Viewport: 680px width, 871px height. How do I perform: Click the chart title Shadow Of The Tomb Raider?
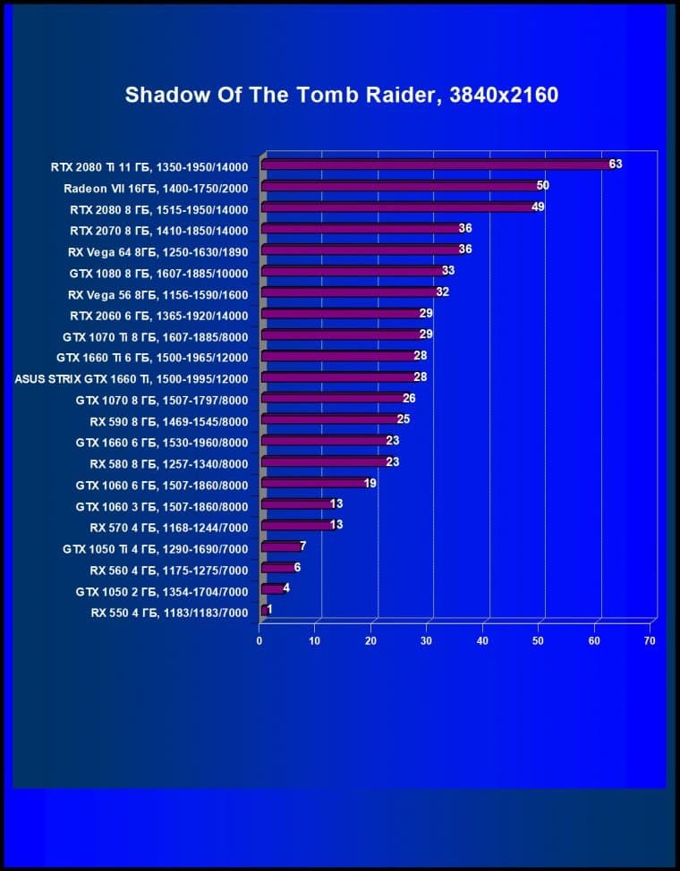(x=341, y=95)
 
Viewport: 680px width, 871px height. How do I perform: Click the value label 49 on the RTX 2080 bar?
(x=538, y=207)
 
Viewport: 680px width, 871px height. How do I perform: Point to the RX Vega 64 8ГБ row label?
(x=157, y=251)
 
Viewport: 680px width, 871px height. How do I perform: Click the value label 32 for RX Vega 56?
(x=442, y=292)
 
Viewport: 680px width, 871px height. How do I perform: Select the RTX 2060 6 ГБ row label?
(x=158, y=316)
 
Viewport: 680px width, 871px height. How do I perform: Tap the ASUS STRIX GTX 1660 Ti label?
(x=132, y=378)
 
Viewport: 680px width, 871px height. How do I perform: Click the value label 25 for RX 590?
(x=404, y=419)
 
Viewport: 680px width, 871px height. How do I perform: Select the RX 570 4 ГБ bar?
(x=294, y=526)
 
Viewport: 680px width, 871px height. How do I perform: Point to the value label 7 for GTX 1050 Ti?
(x=303, y=545)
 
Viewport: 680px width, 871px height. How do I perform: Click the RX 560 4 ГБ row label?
(x=168, y=570)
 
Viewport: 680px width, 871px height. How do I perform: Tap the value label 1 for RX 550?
(x=269, y=609)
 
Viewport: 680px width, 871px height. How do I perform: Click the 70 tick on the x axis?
(x=650, y=640)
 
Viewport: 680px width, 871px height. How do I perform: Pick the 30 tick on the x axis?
(x=427, y=640)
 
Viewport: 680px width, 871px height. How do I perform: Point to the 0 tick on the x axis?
(x=259, y=640)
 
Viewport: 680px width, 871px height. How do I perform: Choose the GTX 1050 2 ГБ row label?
(x=161, y=591)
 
